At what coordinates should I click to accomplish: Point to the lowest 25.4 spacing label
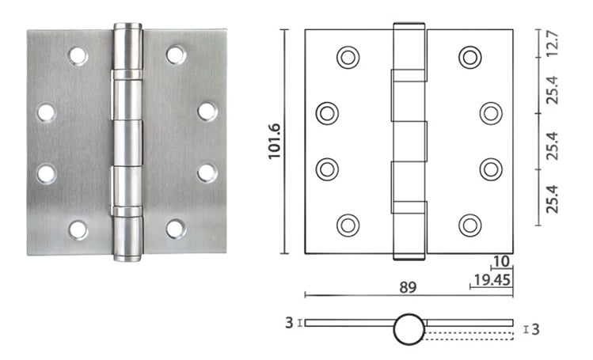[553, 198]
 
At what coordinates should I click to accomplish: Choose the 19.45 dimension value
[492, 279]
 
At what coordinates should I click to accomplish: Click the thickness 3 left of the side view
[290, 323]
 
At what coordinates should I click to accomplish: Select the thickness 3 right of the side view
[535, 328]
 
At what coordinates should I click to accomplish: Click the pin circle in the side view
[409, 328]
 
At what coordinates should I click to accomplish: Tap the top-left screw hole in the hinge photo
[78, 55]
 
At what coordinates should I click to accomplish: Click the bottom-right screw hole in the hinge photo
[175, 229]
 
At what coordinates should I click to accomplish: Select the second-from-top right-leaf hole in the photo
[207, 112]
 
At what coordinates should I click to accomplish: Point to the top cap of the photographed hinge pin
[127, 30]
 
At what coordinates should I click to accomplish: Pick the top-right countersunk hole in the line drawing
[470, 57]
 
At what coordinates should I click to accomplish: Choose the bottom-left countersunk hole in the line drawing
[348, 225]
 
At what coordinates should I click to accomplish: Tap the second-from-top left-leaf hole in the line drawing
[327, 113]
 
